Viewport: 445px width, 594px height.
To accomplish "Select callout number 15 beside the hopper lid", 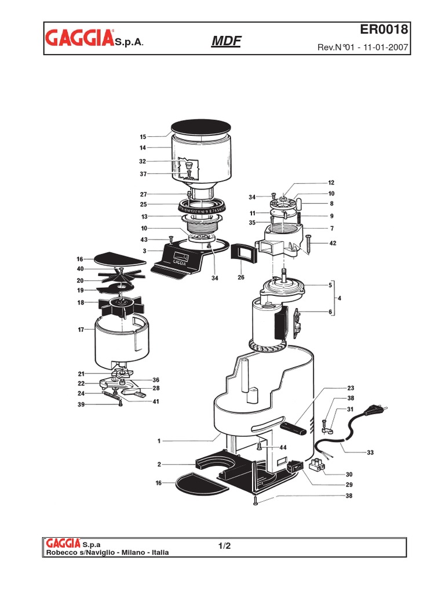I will tap(143, 137).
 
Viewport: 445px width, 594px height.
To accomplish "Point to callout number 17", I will tap(81, 330).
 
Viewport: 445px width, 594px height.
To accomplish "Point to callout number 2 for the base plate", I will tap(158, 465).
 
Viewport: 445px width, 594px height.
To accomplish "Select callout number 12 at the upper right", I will tap(331, 182).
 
